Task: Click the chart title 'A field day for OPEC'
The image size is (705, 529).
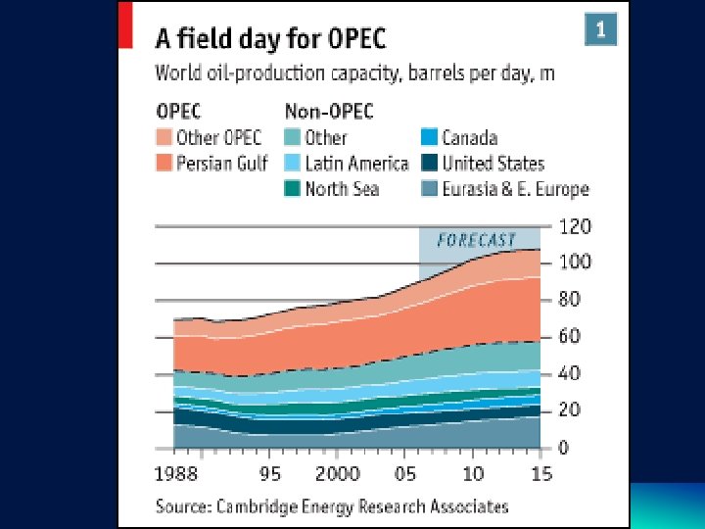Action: pyautogui.click(x=271, y=39)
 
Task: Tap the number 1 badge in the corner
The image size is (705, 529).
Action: pyautogui.click(x=601, y=29)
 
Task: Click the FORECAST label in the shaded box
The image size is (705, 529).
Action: pyautogui.click(x=477, y=240)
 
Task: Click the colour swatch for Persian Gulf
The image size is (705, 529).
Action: pyautogui.click(x=164, y=164)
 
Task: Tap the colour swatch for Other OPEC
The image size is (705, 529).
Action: pyautogui.click(x=164, y=138)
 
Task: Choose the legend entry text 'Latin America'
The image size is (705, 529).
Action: pyautogui.click(x=356, y=164)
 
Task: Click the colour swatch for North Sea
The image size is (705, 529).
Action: pyautogui.click(x=292, y=188)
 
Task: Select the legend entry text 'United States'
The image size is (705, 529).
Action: pyautogui.click(x=493, y=164)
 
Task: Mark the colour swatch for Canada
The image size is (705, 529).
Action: pyautogui.click(x=429, y=138)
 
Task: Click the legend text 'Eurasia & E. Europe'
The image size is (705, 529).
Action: pyautogui.click(x=515, y=189)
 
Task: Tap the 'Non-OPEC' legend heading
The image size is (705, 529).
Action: pyautogui.click(x=328, y=111)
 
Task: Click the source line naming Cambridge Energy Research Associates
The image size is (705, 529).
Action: pyautogui.click(x=333, y=506)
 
